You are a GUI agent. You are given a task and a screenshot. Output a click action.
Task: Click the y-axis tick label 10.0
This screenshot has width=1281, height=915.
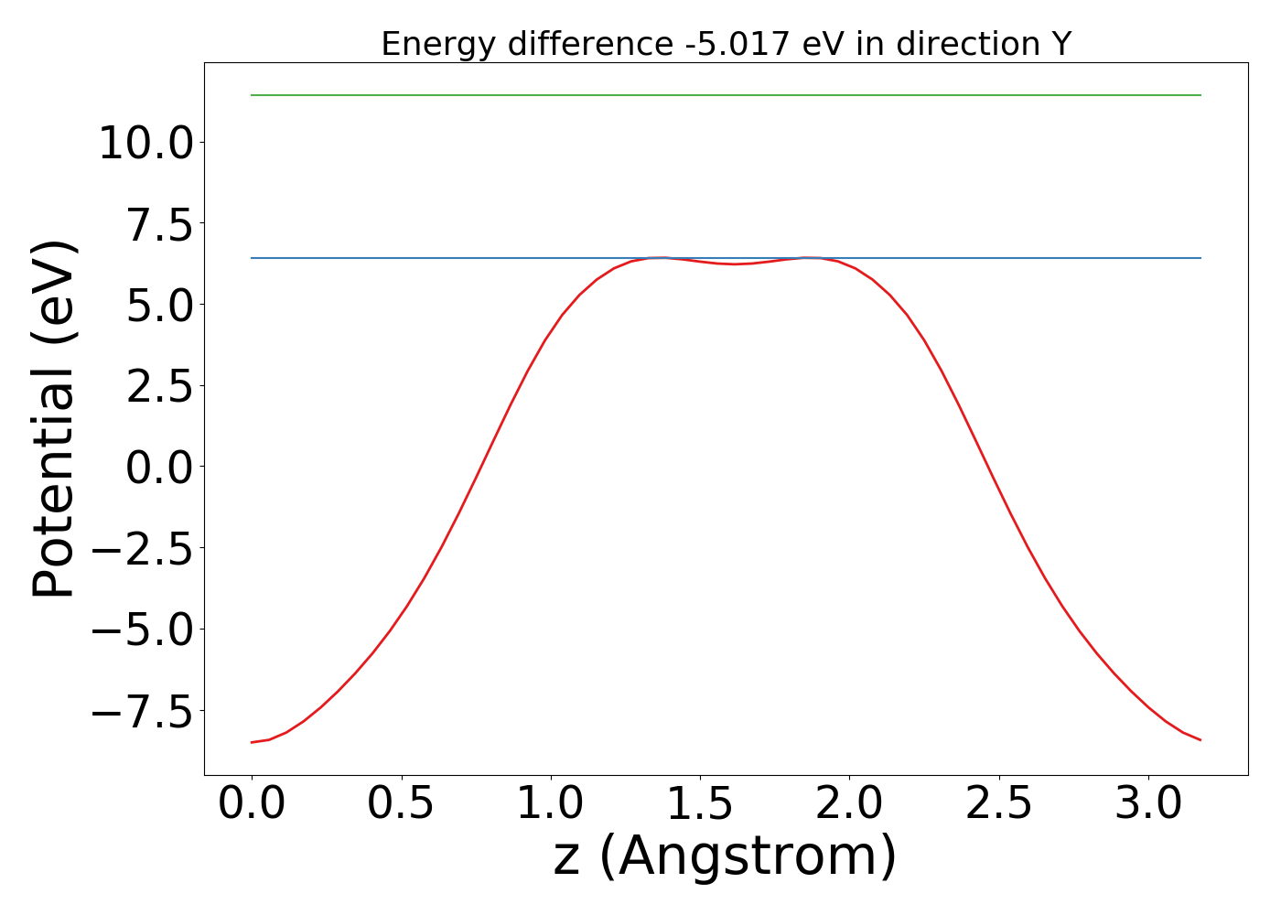click(144, 144)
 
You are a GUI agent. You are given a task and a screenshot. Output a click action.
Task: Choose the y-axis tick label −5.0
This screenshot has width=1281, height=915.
click(144, 630)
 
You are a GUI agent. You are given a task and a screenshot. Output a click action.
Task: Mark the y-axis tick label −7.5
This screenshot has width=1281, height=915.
click(144, 711)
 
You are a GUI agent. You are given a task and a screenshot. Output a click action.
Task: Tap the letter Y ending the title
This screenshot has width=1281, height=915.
click(1060, 44)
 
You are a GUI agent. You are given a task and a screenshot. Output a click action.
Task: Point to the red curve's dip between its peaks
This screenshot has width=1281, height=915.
click(735, 264)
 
